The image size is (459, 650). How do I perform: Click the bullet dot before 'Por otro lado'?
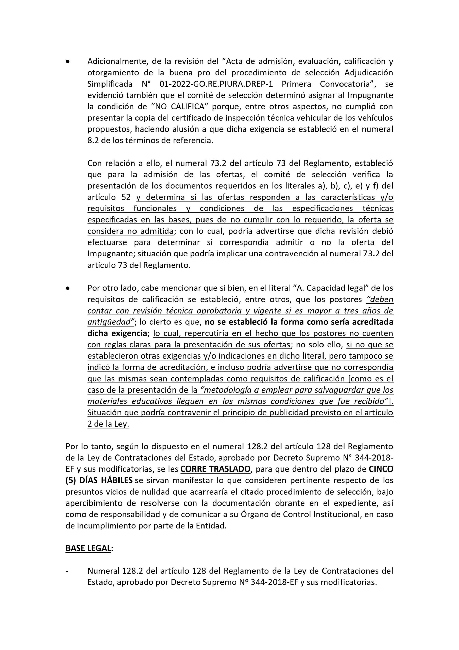click(x=67, y=288)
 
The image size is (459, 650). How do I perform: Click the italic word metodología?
click(x=229, y=390)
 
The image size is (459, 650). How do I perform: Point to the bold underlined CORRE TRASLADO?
click(x=216, y=469)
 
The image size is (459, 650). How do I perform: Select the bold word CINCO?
click(x=381, y=469)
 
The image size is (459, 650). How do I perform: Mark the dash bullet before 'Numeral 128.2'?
click(x=67, y=571)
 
